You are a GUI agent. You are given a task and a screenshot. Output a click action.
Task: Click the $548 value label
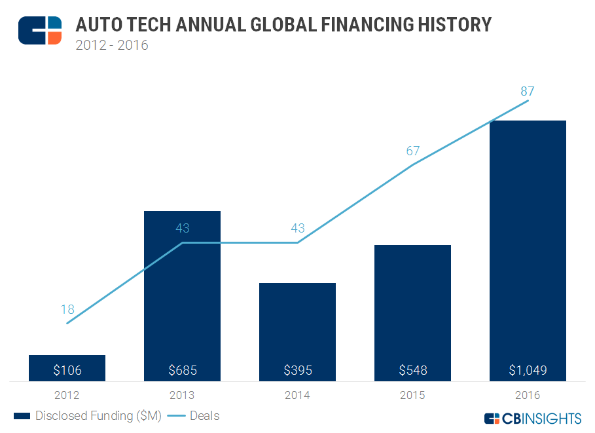(x=412, y=370)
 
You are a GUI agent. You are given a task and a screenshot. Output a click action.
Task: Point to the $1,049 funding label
(x=528, y=370)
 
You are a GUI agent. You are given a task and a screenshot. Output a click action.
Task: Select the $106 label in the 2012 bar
(x=67, y=370)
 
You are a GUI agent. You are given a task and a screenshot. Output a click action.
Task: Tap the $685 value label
(x=182, y=370)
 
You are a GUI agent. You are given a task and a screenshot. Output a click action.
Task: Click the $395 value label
(x=297, y=370)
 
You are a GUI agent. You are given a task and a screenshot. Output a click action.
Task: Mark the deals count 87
(x=528, y=91)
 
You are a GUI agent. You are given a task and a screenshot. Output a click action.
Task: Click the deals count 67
(x=412, y=151)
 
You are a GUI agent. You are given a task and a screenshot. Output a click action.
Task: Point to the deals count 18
(x=67, y=309)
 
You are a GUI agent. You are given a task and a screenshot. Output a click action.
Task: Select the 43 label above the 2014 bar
(x=297, y=229)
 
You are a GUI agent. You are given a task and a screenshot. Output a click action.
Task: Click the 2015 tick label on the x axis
(x=412, y=395)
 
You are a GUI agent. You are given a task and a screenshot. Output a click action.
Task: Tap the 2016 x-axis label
(x=528, y=395)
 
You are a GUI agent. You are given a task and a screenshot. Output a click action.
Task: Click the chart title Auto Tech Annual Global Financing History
(x=283, y=25)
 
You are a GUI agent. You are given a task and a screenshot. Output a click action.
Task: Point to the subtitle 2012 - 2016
(x=112, y=45)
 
